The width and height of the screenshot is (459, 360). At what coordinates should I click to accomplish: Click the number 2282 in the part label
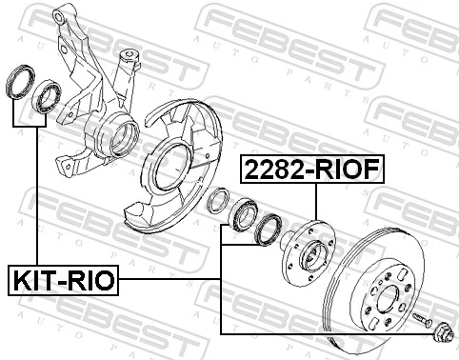[275, 170]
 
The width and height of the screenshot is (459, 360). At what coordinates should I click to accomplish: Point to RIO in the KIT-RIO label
[90, 281]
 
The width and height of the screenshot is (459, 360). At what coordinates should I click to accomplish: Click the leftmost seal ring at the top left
[20, 81]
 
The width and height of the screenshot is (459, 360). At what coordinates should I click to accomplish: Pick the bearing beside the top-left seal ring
[46, 96]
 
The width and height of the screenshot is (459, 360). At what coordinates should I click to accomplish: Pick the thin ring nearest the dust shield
[217, 202]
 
